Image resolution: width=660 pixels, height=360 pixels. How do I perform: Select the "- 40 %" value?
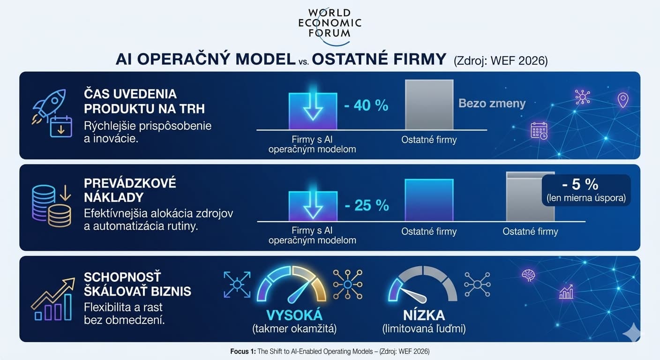(x=366, y=105)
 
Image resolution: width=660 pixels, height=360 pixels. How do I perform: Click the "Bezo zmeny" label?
(x=492, y=103)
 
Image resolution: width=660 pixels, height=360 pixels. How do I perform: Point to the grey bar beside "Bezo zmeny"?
(x=429, y=105)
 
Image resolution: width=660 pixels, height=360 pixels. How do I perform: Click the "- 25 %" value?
(x=367, y=205)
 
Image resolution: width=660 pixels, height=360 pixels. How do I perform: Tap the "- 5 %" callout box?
(x=586, y=190)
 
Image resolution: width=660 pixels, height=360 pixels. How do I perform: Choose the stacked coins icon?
(x=51, y=206)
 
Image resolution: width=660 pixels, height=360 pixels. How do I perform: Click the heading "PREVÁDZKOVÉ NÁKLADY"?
(x=130, y=190)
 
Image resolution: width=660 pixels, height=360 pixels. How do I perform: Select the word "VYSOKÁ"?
(x=294, y=315)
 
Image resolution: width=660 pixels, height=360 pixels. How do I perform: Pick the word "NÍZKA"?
(x=424, y=315)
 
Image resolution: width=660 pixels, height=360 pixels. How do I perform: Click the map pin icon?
(x=622, y=100)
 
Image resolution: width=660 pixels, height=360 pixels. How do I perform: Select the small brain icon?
(x=528, y=275)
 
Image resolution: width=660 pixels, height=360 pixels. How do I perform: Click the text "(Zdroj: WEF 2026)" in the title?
(x=500, y=60)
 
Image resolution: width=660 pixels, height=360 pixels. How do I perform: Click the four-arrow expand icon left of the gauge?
(x=237, y=284)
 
